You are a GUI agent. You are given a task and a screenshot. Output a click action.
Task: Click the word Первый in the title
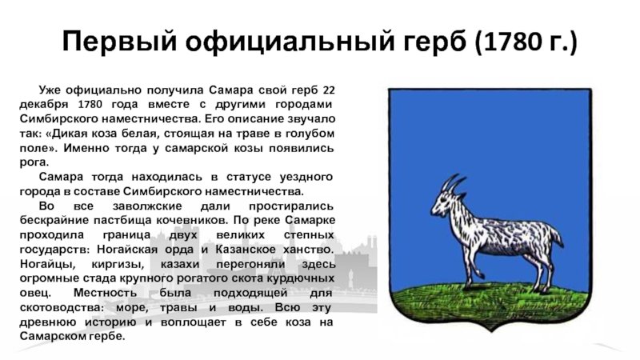[119, 42]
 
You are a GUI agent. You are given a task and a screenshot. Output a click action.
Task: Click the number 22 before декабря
[329, 90]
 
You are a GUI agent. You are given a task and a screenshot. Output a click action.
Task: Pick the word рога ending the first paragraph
[34, 162]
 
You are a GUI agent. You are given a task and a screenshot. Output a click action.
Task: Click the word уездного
[306, 177]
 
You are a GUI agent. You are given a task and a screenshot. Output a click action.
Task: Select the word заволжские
[147, 206]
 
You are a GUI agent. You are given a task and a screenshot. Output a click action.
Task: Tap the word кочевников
[191, 221]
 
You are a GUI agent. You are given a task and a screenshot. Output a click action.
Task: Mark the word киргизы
[118, 264]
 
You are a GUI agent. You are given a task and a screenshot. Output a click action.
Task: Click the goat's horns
[453, 183]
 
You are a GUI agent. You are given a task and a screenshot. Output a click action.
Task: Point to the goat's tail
[556, 238]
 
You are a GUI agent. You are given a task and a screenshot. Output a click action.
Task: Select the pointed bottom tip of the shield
[490, 330]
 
